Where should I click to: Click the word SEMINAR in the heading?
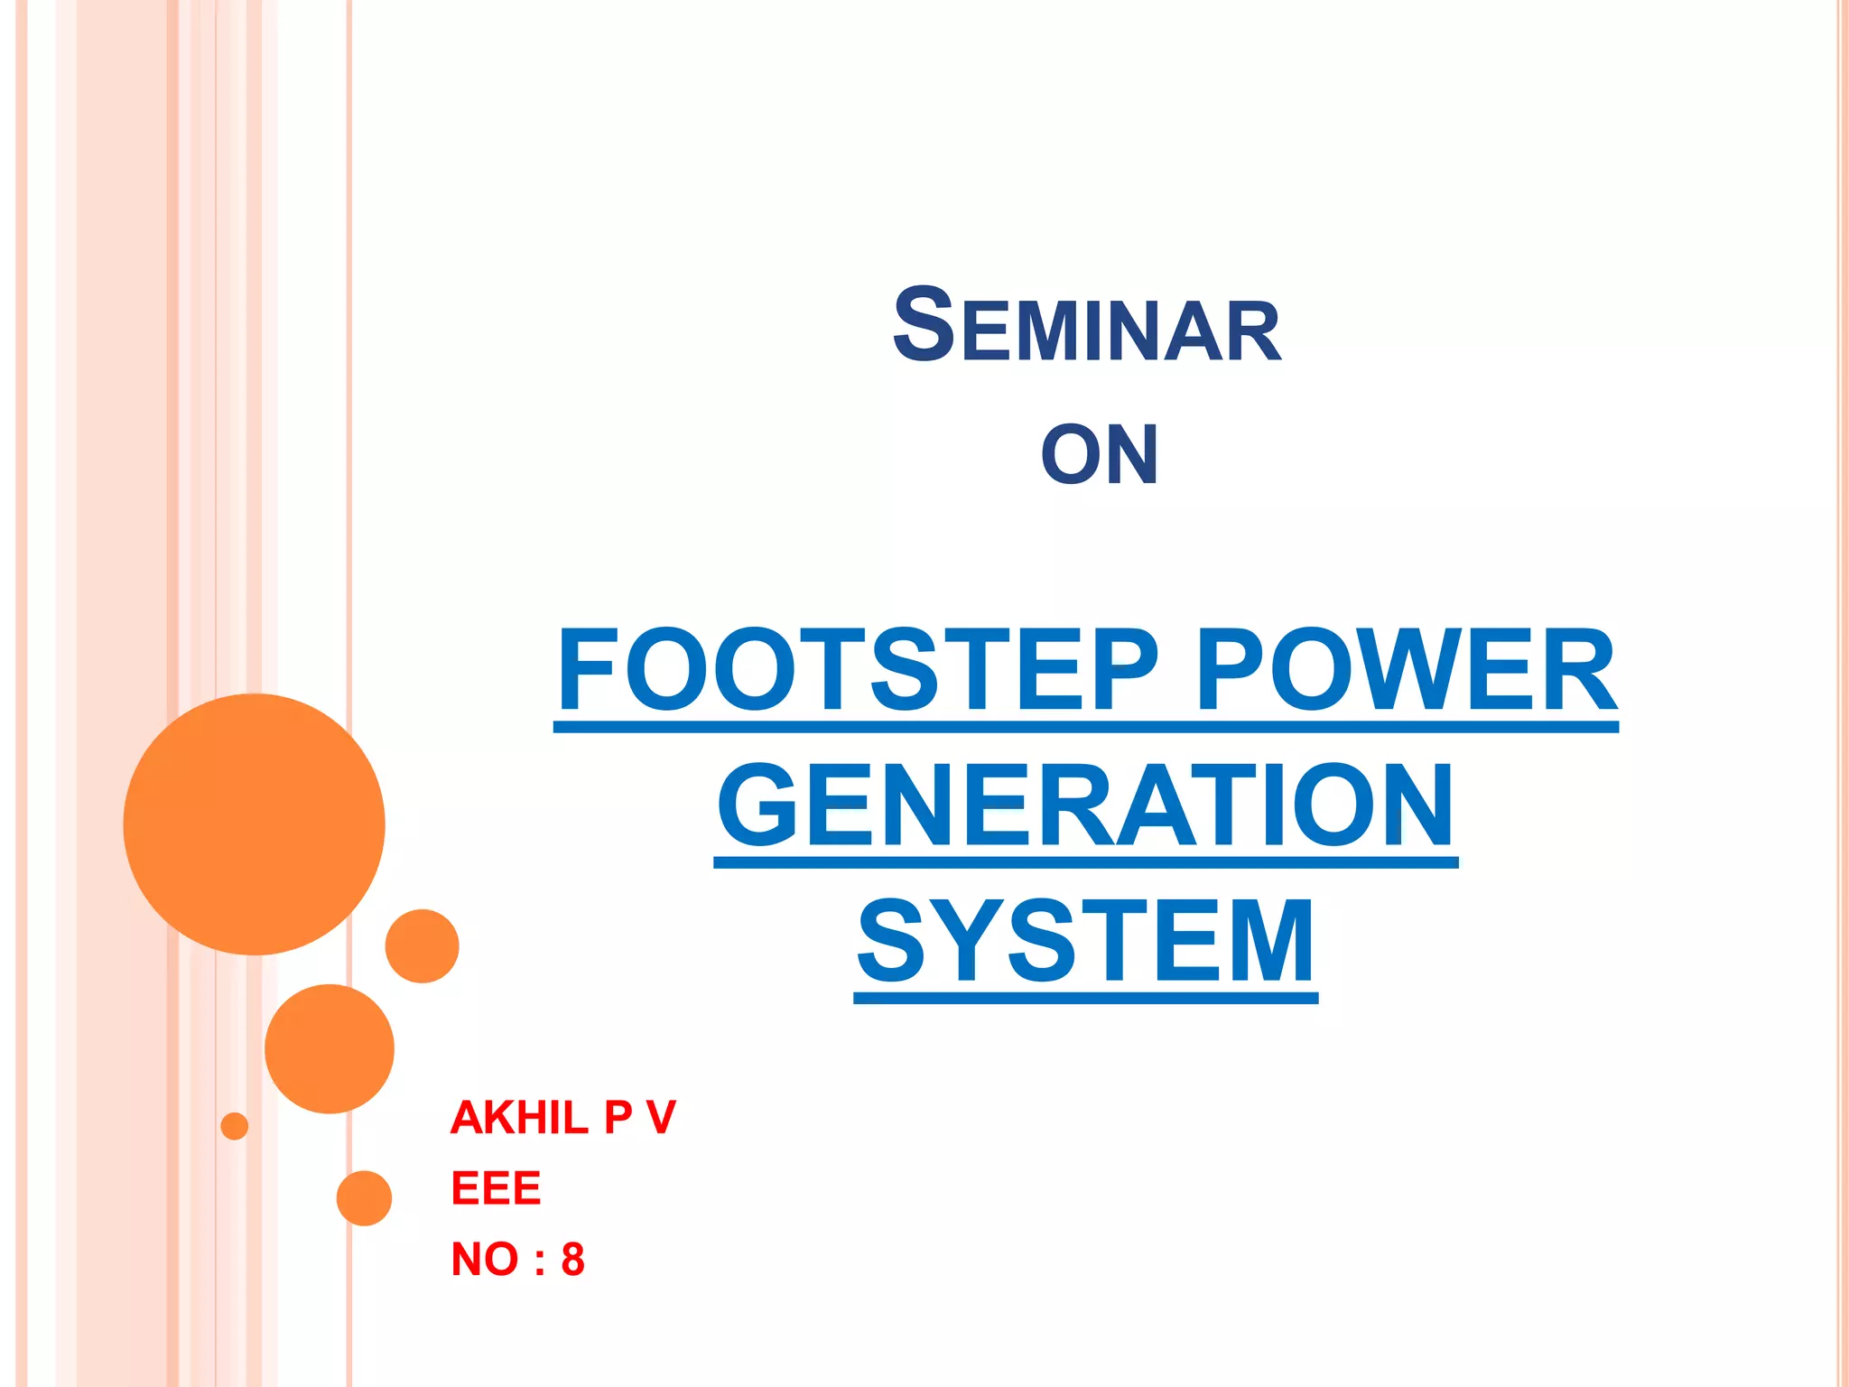coord(1086,327)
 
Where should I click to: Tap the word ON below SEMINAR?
coord(1099,455)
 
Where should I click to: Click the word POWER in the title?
coord(1406,671)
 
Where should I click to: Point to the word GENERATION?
coord(1085,805)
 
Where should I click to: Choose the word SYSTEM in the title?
coord(1085,941)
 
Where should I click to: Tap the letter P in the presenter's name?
coord(618,1118)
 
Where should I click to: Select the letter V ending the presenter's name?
coord(661,1118)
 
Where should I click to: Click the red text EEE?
coord(496,1188)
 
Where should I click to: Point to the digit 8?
coord(572,1259)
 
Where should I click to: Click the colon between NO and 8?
coord(539,1261)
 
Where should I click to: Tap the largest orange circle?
coord(254,824)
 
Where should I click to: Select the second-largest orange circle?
coord(330,1048)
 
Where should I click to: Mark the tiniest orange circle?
coord(235,1126)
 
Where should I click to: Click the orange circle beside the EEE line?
coord(364,1198)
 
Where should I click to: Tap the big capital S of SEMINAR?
coord(923,325)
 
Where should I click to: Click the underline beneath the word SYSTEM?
coord(1085,998)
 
